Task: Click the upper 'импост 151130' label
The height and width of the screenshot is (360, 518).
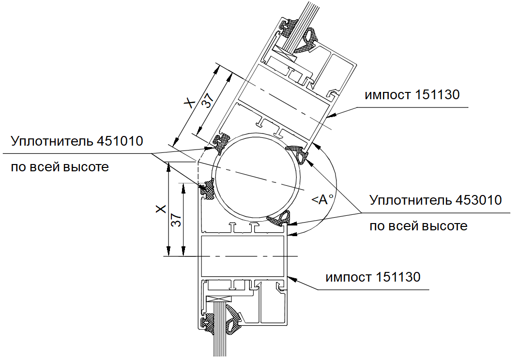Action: [x=412, y=95]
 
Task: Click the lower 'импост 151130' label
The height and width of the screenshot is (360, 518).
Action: [x=373, y=277]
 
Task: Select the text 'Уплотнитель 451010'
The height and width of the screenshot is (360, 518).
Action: [x=77, y=141]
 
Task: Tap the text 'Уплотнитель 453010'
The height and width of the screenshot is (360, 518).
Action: [x=435, y=200]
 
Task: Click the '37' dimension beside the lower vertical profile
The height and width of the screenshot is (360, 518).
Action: [x=176, y=220]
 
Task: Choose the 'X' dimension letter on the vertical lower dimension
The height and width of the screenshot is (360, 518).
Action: [x=161, y=209]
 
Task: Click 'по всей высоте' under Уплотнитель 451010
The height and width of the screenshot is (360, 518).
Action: [x=60, y=167]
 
